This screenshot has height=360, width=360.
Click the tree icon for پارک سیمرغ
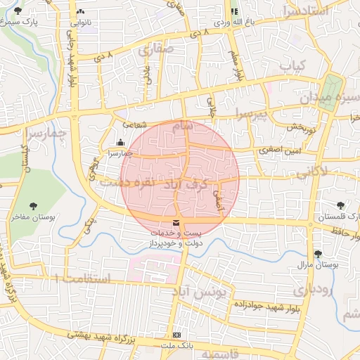18,11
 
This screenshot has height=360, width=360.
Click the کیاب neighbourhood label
295,65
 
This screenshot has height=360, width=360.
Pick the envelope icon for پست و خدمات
175,224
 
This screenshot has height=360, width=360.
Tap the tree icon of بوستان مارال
318,254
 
